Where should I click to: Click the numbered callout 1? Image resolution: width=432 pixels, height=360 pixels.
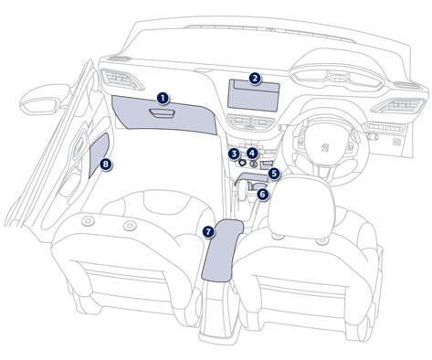point(163,99)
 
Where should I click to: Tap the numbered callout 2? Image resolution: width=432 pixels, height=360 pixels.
point(255,79)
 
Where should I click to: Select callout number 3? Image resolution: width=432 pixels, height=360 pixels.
point(234,154)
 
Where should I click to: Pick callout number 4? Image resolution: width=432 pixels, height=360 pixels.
point(252,154)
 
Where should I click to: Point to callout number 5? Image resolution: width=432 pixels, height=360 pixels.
point(274,174)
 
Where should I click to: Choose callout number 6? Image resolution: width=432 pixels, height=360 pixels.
point(263,194)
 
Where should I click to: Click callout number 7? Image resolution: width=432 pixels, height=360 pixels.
point(208,232)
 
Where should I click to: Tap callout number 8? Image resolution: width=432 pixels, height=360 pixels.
point(105,164)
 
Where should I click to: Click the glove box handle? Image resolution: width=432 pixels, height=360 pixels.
point(162,113)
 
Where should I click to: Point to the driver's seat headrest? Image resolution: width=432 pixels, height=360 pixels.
point(302,203)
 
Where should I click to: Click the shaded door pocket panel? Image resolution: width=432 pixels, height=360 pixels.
point(99,154)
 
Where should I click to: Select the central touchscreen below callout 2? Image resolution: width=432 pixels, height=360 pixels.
point(253,95)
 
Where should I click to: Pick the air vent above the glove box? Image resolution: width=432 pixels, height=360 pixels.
point(121,79)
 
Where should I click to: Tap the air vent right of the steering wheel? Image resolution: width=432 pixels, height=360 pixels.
point(399,106)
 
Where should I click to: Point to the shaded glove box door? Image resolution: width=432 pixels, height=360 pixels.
point(163,115)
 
